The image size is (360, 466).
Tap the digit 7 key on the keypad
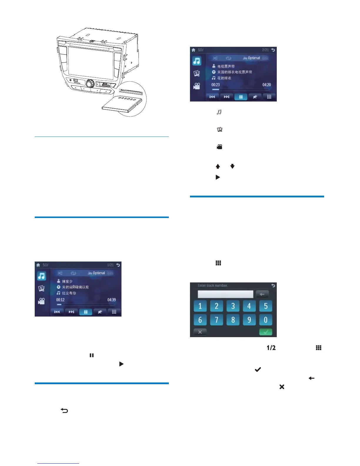(x=216, y=319)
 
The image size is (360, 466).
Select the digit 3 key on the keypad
(x=233, y=306)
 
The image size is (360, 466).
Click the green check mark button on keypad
(x=266, y=332)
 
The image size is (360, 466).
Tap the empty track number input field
(x=225, y=294)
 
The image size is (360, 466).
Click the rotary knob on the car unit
(x=90, y=84)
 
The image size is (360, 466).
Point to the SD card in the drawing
(x=122, y=104)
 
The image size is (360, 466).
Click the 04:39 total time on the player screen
(x=111, y=300)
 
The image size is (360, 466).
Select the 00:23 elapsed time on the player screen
(x=216, y=85)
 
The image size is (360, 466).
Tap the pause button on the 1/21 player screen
(x=86, y=312)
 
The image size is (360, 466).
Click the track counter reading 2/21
(x=265, y=50)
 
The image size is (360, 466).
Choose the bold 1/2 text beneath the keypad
(x=271, y=348)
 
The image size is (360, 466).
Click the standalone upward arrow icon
(x=218, y=167)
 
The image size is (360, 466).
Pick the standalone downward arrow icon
(x=232, y=167)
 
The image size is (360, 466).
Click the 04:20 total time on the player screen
(x=266, y=85)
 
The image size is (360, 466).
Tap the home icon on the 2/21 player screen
(x=194, y=50)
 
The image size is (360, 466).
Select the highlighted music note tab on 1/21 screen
(x=41, y=276)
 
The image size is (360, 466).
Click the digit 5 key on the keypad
(x=266, y=306)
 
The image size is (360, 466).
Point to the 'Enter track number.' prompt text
(x=213, y=285)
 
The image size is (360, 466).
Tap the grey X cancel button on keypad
(x=200, y=332)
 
